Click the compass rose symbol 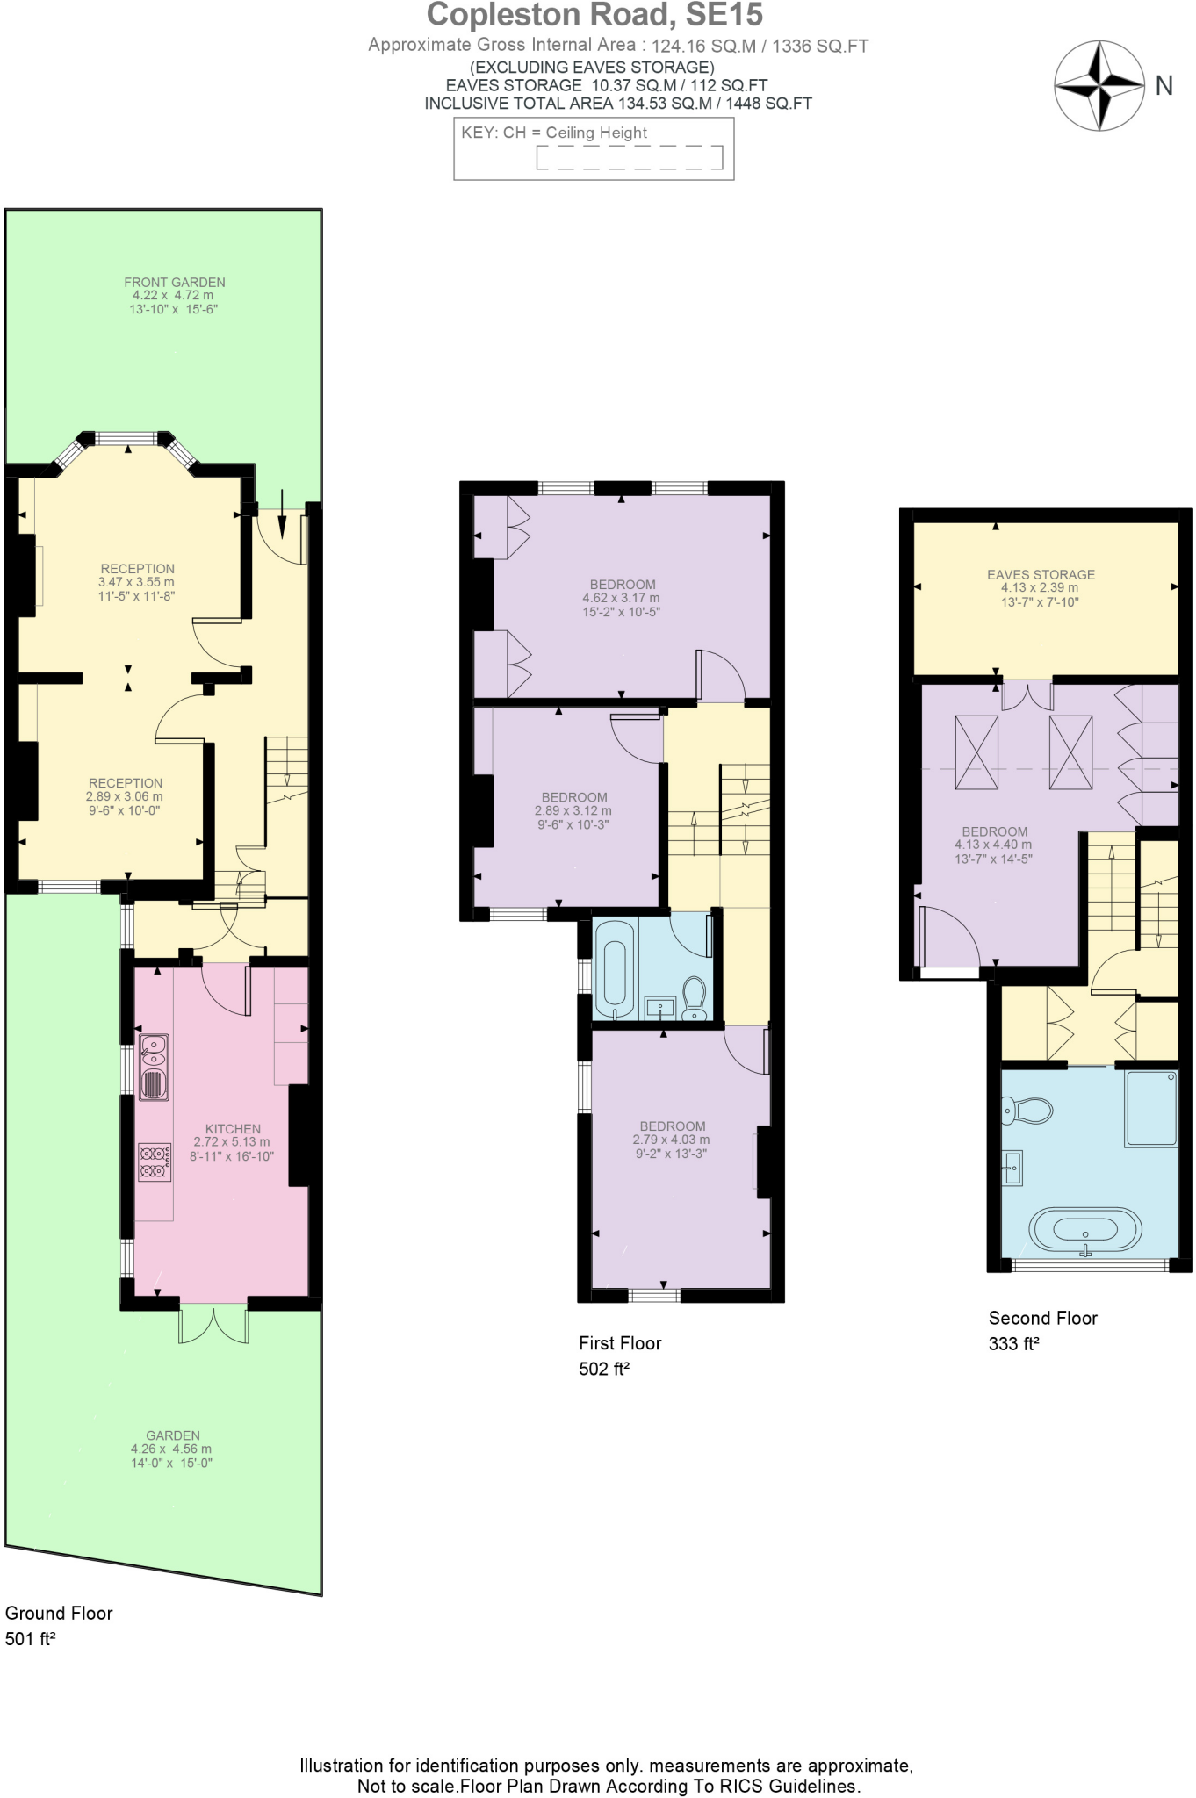coord(1099,85)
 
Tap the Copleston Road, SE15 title coord(594,15)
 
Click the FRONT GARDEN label coord(174,283)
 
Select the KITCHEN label coord(233,1129)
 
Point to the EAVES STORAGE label coord(1041,575)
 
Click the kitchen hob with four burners coord(155,1162)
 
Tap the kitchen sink coord(155,1066)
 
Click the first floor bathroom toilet coord(695,998)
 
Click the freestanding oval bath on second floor coord(1085,1229)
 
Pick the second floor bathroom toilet coord(1027,1111)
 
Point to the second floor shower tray coord(1150,1108)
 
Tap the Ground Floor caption coord(59,1613)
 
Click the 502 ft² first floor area coord(604,1369)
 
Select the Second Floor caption coord(1042,1318)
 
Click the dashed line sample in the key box coord(629,158)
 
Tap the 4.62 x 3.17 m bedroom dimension coord(621,598)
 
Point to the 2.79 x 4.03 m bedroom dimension coord(671,1140)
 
